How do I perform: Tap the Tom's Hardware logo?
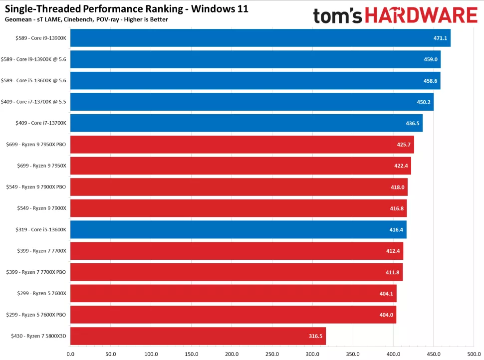point(395,15)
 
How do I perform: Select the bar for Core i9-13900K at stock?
point(259,38)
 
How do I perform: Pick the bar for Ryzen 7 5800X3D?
point(198,336)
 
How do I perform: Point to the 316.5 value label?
point(316,336)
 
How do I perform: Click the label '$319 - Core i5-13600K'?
point(38,229)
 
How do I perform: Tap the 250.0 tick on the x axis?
point(272,355)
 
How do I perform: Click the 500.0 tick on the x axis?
point(474,355)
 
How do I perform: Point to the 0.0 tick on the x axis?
point(70,355)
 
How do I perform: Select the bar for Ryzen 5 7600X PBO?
point(233,315)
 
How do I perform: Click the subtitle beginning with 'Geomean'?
point(86,19)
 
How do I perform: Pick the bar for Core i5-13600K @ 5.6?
point(255,80)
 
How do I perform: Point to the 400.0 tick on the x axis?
point(393,355)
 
